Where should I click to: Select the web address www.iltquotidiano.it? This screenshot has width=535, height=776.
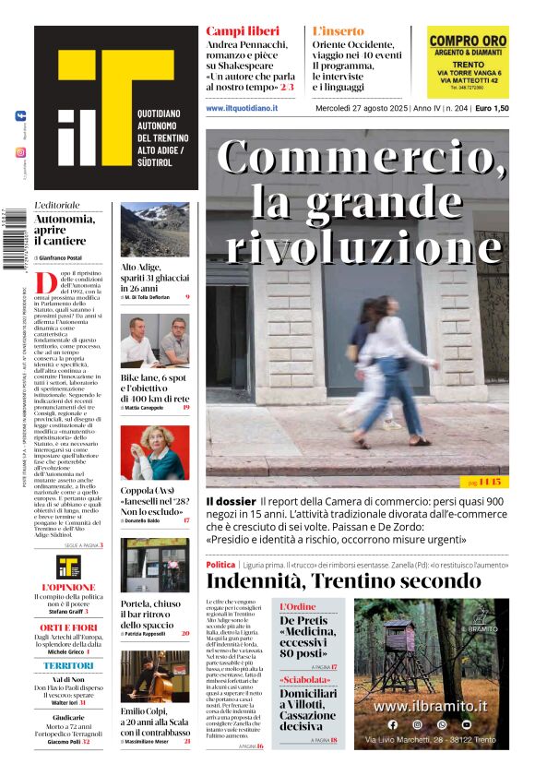point(242,108)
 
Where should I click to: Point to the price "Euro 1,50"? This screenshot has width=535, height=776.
point(492,108)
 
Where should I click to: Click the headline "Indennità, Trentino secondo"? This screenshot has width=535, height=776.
point(343,580)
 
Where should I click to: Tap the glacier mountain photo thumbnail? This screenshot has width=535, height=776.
point(154,230)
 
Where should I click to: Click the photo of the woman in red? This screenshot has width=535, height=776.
point(154,452)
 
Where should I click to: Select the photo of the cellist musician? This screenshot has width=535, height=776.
point(154,676)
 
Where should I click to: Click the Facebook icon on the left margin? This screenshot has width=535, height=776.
point(20,116)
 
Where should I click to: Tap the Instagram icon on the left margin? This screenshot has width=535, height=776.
point(20,152)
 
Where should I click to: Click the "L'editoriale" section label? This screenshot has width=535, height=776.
point(57,205)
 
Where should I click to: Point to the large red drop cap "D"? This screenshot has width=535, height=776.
point(44,281)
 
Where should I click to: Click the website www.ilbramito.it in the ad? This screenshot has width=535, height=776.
point(431,706)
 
